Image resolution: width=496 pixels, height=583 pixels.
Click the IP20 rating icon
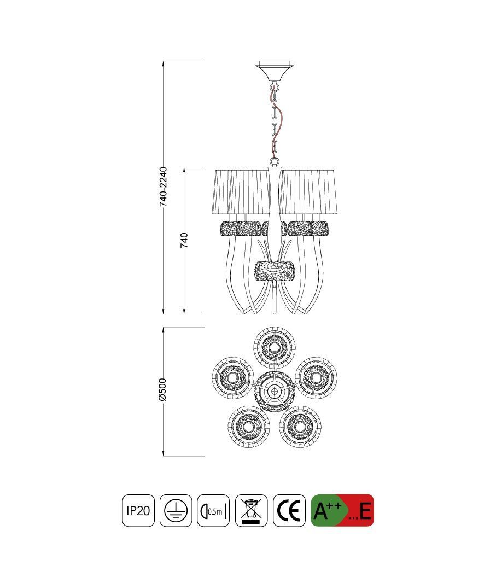point(138,510)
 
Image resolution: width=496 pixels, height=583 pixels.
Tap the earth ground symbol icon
point(176,510)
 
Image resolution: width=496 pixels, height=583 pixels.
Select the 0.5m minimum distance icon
point(213,510)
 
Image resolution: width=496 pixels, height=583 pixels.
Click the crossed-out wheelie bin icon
point(252,510)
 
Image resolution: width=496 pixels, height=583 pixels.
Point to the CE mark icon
point(289,510)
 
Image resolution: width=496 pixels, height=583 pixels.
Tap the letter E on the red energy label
point(365,511)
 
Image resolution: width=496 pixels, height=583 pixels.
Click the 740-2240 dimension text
point(163,186)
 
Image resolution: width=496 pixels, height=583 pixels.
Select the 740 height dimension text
point(184,240)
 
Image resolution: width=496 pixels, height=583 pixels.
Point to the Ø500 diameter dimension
point(162,389)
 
